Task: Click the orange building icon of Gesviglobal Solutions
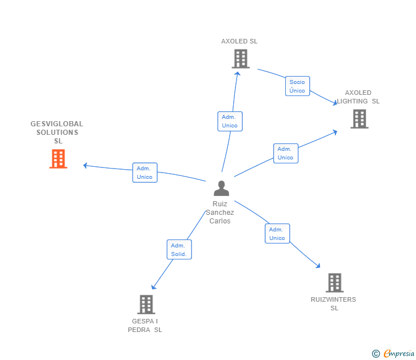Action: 58,159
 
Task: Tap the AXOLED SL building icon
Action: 241,58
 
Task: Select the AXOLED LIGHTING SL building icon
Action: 359,119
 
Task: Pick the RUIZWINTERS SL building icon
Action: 334,282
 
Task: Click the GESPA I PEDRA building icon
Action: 146,304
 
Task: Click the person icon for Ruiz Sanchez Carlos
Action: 221,188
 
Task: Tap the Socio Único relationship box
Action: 297,86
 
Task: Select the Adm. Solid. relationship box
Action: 179,250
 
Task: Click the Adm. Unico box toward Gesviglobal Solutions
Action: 145,173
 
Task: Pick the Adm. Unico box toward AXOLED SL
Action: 230,121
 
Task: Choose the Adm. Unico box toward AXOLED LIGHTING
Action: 285,153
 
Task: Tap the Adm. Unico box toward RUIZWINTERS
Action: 277,234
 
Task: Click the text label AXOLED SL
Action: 239,41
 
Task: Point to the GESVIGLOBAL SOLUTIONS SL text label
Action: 57,132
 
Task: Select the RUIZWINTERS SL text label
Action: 334,303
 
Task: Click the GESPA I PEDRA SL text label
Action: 145,325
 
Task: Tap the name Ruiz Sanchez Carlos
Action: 220,212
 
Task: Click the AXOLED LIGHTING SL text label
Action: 358,97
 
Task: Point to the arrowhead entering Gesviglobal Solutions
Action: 86,166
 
